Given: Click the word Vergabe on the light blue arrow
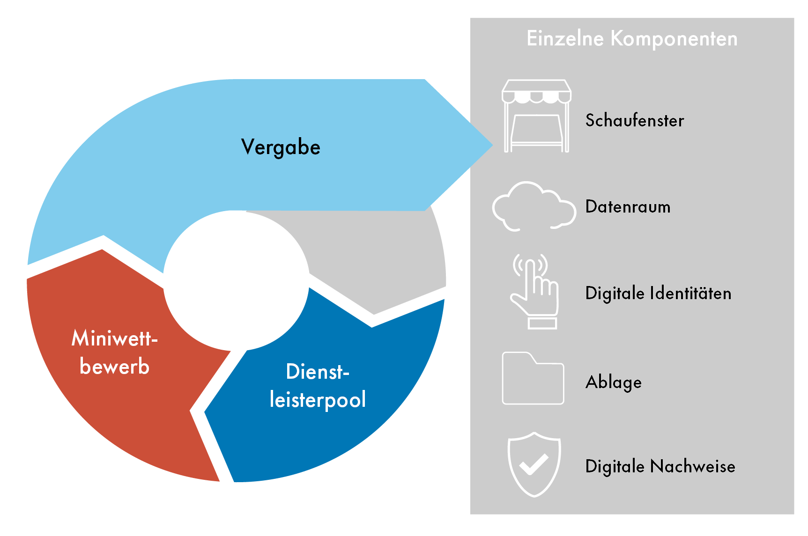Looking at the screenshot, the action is (281, 147).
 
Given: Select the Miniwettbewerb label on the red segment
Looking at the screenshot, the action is (115, 352).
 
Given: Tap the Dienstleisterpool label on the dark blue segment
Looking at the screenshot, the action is (318, 386).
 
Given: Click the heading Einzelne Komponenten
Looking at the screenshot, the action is (632, 38).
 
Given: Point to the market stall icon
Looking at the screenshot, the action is (536, 116).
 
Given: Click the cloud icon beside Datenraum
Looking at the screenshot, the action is (534, 206).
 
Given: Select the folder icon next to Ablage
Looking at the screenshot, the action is (533, 378).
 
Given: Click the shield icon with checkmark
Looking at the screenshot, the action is (534, 464).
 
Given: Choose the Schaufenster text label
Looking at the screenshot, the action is (635, 120).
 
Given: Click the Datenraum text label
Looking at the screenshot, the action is (628, 206).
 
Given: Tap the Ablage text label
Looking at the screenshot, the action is (614, 382).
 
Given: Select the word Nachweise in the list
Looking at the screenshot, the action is (693, 466).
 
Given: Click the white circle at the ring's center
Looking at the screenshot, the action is (236, 280).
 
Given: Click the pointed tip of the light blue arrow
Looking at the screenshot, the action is (493, 145).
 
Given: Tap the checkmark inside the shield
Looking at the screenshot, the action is (534, 464).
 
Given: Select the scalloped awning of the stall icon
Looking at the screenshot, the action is (537, 91).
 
